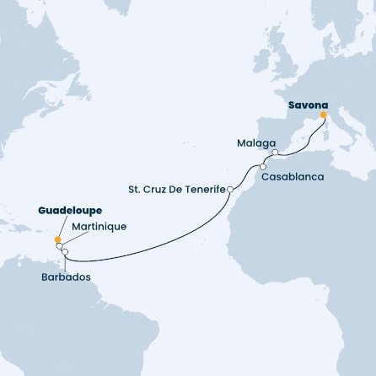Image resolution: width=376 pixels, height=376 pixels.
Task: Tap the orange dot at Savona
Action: [323, 116]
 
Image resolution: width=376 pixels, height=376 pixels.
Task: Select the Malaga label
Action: [251, 144]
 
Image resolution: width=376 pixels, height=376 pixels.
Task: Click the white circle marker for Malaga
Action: [275, 153]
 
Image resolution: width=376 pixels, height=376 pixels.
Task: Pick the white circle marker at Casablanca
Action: [263, 167]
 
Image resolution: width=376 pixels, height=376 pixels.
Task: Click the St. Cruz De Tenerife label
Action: [176, 190]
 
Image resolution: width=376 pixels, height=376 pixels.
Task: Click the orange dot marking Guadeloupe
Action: [57, 239]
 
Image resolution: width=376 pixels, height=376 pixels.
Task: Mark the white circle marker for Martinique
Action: [60, 246]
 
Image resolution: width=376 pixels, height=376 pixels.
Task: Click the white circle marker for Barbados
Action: [65, 252]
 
